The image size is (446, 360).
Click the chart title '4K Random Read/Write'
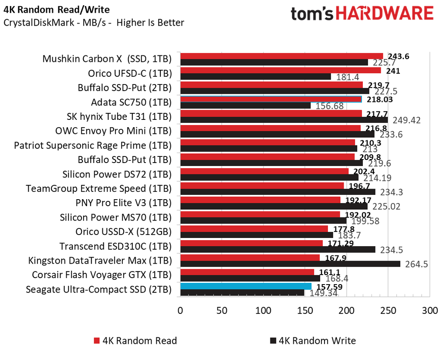(x=57, y=9)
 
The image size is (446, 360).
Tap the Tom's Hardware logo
(x=362, y=14)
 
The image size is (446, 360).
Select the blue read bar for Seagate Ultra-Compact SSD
(x=246, y=286)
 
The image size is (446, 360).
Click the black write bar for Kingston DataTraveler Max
(x=290, y=264)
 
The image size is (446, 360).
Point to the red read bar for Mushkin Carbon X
(x=281, y=55)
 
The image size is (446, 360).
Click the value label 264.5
(x=416, y=264)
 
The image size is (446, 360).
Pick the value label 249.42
(x=406, y=120)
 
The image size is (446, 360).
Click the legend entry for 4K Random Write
(x=313, y=340)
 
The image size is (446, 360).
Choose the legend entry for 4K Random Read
(x=135, y=340)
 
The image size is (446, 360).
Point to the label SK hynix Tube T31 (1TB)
(x=118, y=116)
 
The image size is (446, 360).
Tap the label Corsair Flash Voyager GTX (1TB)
(x=101, y=275)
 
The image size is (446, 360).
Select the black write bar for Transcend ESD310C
(x=277, y=250)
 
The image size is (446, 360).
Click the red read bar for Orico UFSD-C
(x=280, y=70)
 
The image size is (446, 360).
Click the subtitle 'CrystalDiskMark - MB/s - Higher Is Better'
(x=94, y=23)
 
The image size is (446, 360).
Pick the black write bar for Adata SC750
(x=245, y=105)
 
